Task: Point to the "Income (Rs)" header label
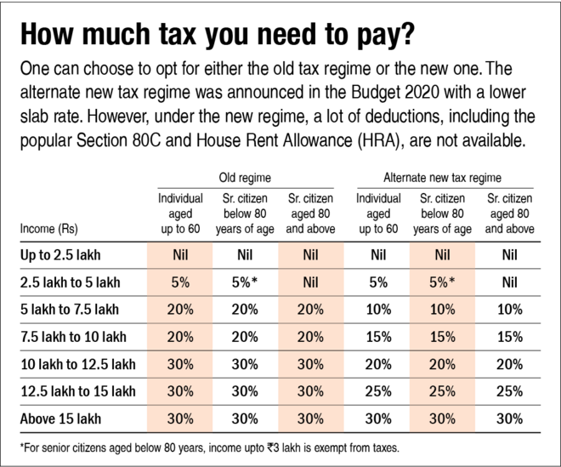coord(48,228)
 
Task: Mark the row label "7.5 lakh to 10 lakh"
coord(71,337)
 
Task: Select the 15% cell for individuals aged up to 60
coord(375,337)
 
